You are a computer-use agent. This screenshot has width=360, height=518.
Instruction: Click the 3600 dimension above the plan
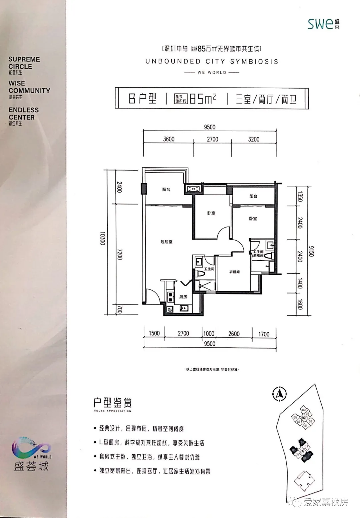click(169, 139)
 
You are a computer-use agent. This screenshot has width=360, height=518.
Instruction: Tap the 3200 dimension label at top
click(254, 139)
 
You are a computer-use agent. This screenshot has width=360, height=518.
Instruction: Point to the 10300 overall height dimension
click(102, 239)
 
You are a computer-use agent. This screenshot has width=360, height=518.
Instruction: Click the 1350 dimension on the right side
click(300, 196)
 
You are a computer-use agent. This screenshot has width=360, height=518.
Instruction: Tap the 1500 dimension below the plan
click(154, 333)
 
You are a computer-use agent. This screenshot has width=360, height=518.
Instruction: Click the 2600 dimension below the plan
click(234, 334)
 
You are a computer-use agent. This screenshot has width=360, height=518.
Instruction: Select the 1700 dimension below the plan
click(264, 334)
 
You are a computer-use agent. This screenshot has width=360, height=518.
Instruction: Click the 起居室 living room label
click(166, 242)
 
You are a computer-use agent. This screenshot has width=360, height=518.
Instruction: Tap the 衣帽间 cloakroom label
click(234, 272)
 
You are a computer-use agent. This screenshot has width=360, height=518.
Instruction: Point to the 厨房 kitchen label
click(183, 297)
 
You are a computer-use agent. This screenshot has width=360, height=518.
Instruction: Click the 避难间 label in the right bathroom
click(258, 256)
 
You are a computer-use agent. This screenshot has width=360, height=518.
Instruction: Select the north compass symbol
click(280, 393)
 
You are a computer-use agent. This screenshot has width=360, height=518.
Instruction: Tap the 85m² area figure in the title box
click(203, 99)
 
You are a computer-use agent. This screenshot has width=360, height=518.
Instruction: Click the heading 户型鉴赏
click(113, 403)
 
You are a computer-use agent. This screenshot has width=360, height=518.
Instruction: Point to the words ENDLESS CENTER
click(24, 114)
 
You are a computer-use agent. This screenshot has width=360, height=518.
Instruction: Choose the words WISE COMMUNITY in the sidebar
click(29, 87)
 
